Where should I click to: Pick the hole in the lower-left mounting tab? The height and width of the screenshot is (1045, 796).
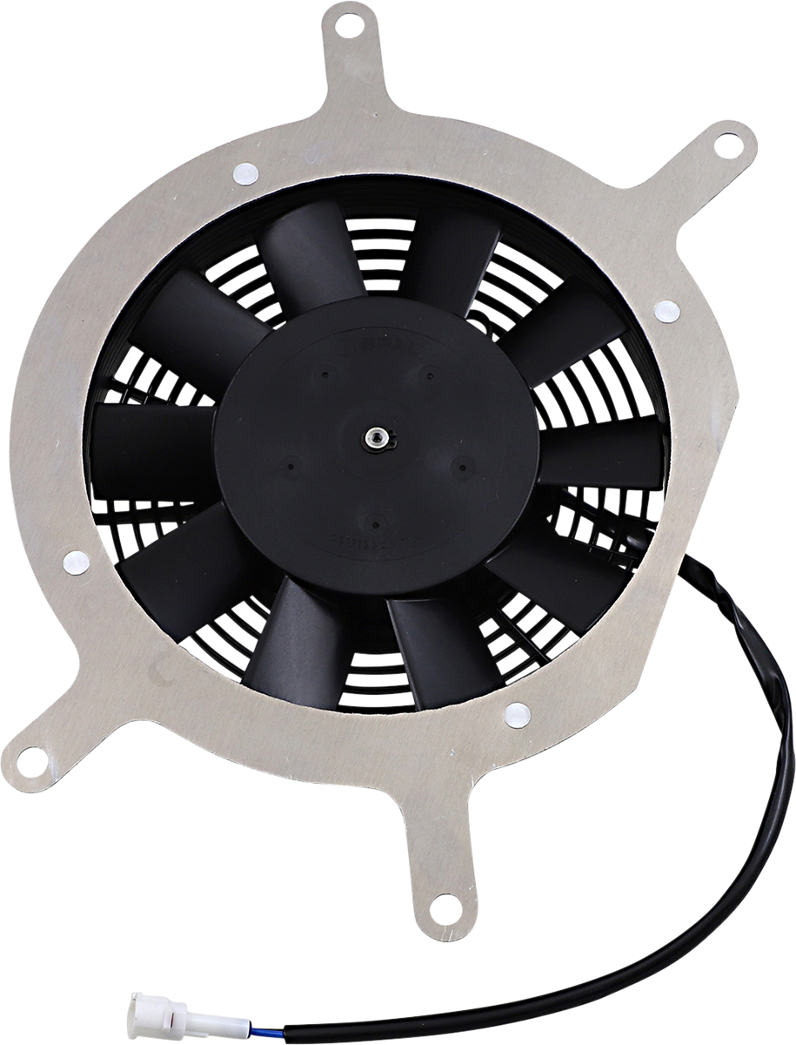click(30, 758)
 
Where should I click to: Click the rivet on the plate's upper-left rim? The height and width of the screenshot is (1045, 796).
click(246, 172)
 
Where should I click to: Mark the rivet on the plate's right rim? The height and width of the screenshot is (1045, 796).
click(666, 310)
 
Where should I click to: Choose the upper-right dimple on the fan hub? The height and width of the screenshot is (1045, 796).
click(428, 374)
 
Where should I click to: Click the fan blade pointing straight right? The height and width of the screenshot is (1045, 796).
click(600, 453)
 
